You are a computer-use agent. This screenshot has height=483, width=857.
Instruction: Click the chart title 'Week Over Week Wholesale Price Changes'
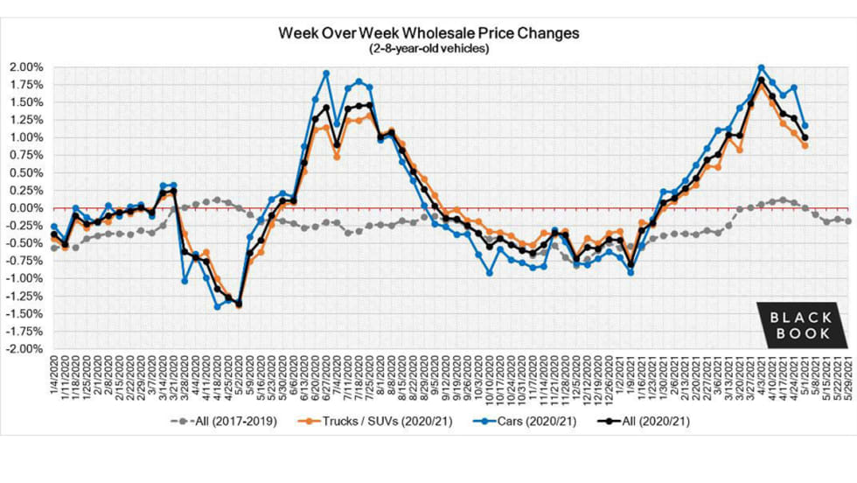click(x=428, y=34)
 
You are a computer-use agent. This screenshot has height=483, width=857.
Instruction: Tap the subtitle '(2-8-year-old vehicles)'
click(x=428, y=49)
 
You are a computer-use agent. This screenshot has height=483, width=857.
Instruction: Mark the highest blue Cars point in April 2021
click(x=762, y=67)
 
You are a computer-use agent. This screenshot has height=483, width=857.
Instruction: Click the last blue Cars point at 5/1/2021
click(x=805, y=126)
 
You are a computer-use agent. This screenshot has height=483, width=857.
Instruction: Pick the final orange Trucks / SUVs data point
click(x=805, y=145)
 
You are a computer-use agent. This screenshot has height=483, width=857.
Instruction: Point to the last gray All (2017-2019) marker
click(x=848, y=221)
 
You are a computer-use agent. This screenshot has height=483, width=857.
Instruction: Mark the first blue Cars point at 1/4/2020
click(x=54, y=227)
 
